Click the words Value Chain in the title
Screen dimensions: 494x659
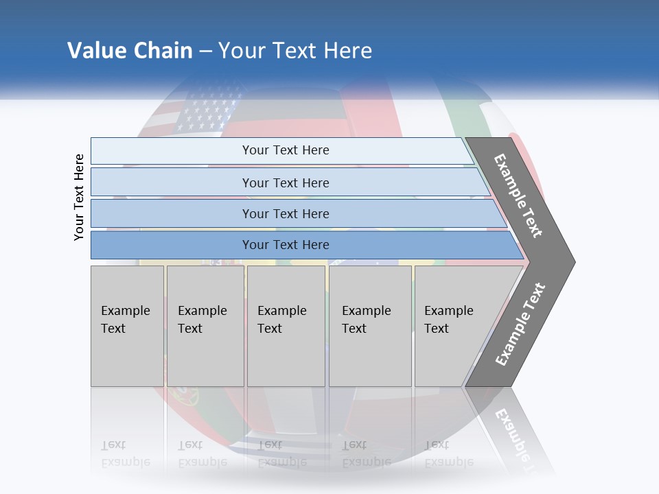point(130,51)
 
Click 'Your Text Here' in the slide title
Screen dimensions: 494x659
point(295,51)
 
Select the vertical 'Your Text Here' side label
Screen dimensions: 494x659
point(79,197)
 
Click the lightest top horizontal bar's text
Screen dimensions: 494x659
point(286,150)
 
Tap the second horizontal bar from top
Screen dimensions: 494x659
point(286,183)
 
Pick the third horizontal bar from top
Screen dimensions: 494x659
point(286,214)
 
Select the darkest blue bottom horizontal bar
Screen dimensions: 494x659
point(286,245)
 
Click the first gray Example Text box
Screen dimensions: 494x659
point(127,326)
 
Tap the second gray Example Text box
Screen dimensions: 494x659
point(205,326)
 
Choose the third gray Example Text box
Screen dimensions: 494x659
point(286,326)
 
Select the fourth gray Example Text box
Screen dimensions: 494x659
point(369,326)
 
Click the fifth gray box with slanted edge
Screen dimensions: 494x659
point(453,326)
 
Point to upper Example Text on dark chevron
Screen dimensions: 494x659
point(518,196)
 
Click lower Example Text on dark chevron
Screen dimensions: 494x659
point(520,325)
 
